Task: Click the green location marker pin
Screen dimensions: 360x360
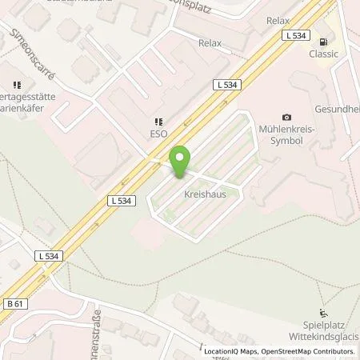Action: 181,160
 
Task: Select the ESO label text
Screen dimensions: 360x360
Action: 158,134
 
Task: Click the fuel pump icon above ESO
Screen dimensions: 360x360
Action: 158,122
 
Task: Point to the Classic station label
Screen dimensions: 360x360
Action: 324,54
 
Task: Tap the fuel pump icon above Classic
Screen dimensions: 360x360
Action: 323,42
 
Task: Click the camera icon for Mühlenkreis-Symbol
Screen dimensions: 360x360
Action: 287,118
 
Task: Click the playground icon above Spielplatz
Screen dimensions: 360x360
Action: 322,313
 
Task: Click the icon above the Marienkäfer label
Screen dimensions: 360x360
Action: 16,84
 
